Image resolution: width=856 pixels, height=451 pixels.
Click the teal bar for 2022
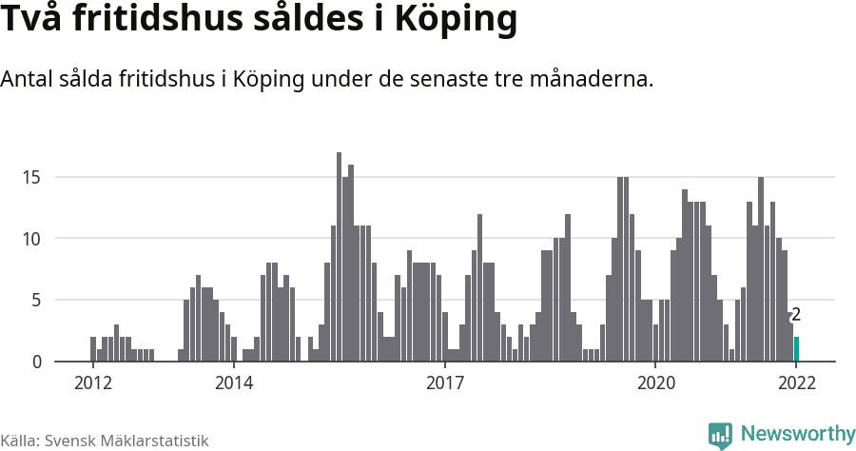point(796,349)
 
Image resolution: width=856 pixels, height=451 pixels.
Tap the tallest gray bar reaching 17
point(339,257)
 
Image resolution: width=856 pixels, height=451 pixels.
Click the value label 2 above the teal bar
point(796,315)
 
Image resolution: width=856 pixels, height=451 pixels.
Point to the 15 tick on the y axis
point(32,177)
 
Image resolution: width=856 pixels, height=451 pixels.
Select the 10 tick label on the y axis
point(32,239)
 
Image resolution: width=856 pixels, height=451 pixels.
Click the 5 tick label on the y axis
point(36,301)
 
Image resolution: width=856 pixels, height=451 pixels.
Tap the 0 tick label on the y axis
point(36,362)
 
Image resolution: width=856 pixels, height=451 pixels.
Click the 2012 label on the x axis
point(92,383)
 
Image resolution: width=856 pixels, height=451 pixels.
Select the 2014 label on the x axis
point(233,383)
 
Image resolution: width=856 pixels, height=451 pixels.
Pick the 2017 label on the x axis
point(444,383)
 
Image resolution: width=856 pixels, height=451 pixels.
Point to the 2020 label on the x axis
point(655,383)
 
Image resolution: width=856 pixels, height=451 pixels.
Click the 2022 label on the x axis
point(796,383)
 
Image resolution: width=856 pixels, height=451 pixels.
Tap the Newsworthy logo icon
point(720,435)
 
